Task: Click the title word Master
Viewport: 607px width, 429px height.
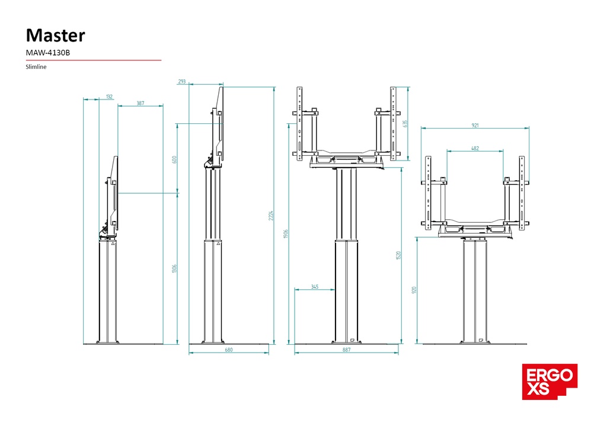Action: coord(55,35)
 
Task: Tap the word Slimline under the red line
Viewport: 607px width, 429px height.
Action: coord(36,67)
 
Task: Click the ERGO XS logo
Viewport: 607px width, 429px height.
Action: coord(550,382)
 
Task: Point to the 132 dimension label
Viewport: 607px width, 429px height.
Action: coord(109,96)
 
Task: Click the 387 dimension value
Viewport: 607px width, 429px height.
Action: coord(140,103)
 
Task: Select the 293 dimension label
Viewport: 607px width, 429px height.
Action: coord(181,82)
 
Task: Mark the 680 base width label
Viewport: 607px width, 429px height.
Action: coord(229,350)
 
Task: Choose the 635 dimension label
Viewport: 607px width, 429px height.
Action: coord(405,124)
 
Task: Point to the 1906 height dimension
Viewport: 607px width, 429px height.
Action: coord(286,233)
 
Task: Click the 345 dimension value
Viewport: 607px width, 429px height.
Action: coord(315,287)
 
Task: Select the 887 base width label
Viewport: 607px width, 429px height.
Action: coord(347,350)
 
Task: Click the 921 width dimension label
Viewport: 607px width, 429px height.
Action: coord(475,125)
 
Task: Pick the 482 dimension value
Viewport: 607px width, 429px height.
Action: coord(475,148)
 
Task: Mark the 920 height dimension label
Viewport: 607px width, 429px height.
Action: coord(414,290)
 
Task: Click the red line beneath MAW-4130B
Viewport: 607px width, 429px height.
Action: coord(94,60)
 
